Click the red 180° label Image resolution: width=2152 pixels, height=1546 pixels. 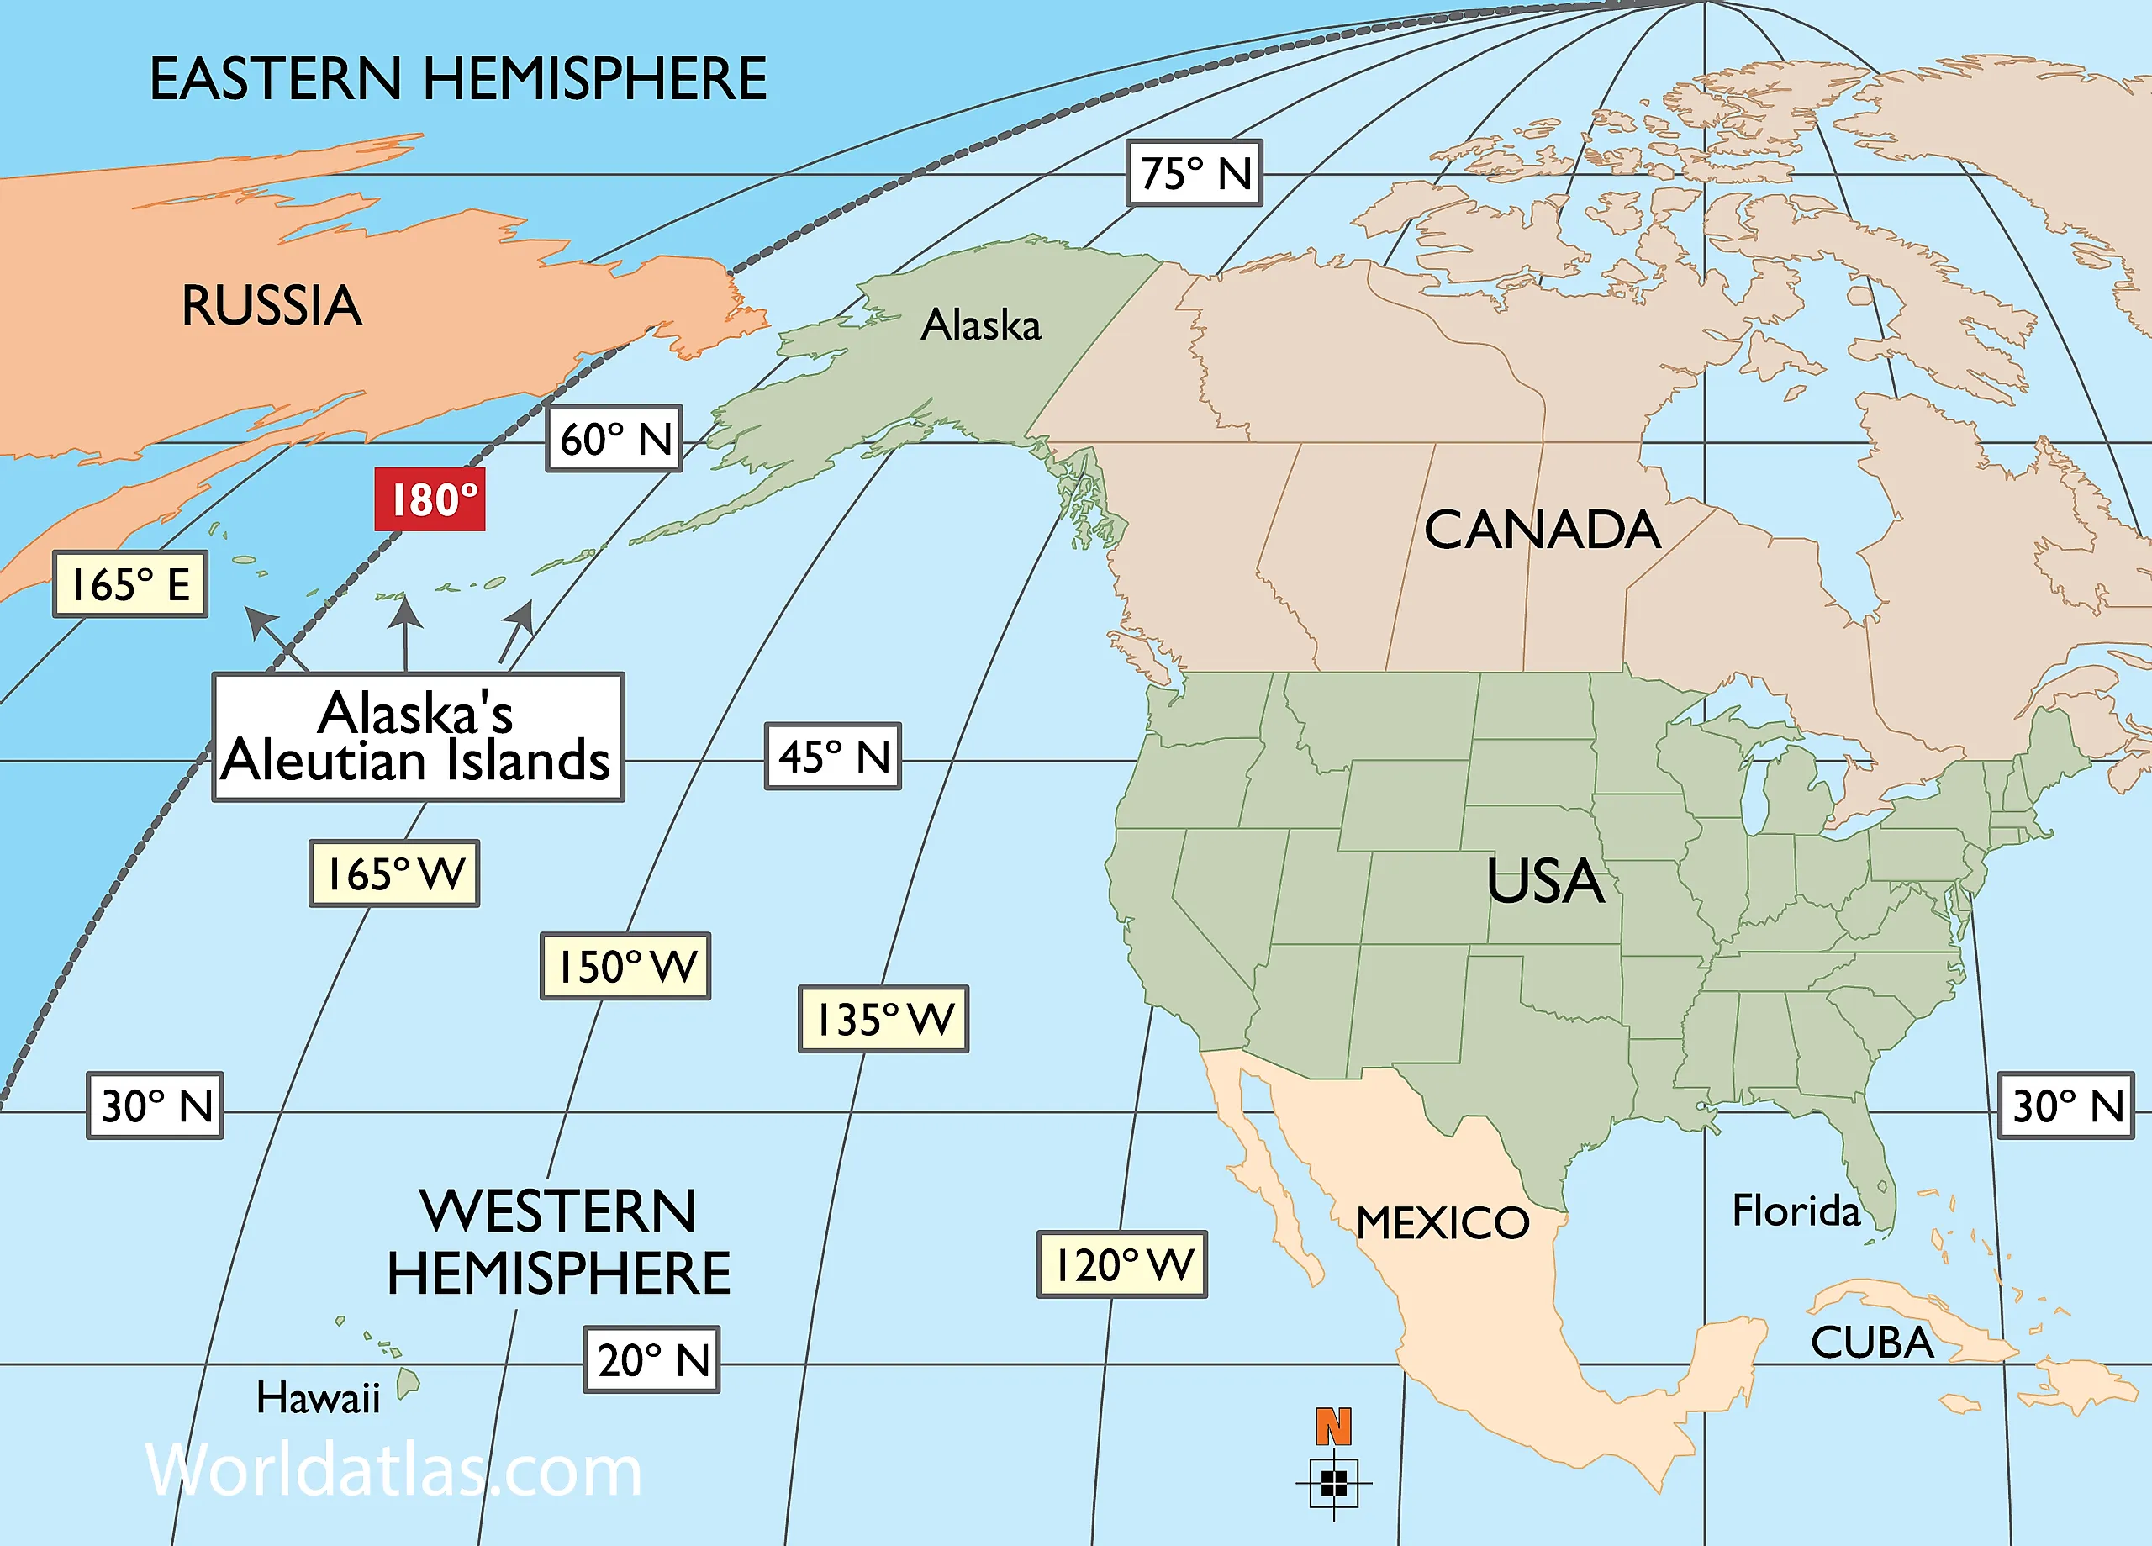point(430,499)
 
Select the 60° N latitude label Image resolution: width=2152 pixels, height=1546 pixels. point(614,440)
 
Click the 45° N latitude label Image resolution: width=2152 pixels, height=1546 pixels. point(833,757)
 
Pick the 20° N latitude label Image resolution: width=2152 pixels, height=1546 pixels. point(651,1359)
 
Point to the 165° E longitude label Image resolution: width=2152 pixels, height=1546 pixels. point(130,583)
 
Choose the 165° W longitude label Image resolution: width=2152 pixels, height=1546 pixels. point(393,873)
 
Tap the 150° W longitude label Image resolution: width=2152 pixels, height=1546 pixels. point(625,966)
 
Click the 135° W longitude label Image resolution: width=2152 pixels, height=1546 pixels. point(883,1019)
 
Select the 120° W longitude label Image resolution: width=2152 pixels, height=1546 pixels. point(1121,1264)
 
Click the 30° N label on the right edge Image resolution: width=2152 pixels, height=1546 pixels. point(2065,1105)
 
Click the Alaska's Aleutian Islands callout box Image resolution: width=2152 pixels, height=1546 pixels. point(418,737)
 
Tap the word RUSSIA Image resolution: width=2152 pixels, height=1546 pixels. point(272,306)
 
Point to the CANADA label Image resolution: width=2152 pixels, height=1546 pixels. point(1542,529)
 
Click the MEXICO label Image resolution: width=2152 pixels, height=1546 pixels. point(1443,1222)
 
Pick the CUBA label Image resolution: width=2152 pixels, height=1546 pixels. point(1871,1342)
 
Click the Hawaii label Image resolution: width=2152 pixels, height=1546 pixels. point(318,1398)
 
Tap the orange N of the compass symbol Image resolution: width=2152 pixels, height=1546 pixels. point(1333,1427)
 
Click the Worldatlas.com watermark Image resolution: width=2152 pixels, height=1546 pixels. point(393,1470)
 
